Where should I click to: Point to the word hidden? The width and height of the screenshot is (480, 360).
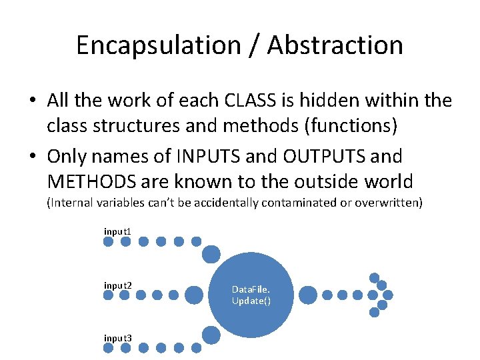click(x=337, y=101)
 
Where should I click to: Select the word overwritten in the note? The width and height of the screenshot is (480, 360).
click(x=388, y=203)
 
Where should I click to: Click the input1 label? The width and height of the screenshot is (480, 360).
click(x=117, y=231)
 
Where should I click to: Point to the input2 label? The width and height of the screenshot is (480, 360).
click(x=117, y=286)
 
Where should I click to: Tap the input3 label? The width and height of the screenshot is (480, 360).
click(x=117, y=339)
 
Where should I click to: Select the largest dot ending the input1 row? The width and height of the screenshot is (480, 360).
click(x=211, y=254)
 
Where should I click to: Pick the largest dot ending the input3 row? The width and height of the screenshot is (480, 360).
click(x=211, y=335)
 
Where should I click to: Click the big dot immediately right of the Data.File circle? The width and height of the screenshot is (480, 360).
click(x=308, y=295)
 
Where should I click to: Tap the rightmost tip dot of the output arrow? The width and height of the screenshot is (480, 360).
click(x=388, y=295)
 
